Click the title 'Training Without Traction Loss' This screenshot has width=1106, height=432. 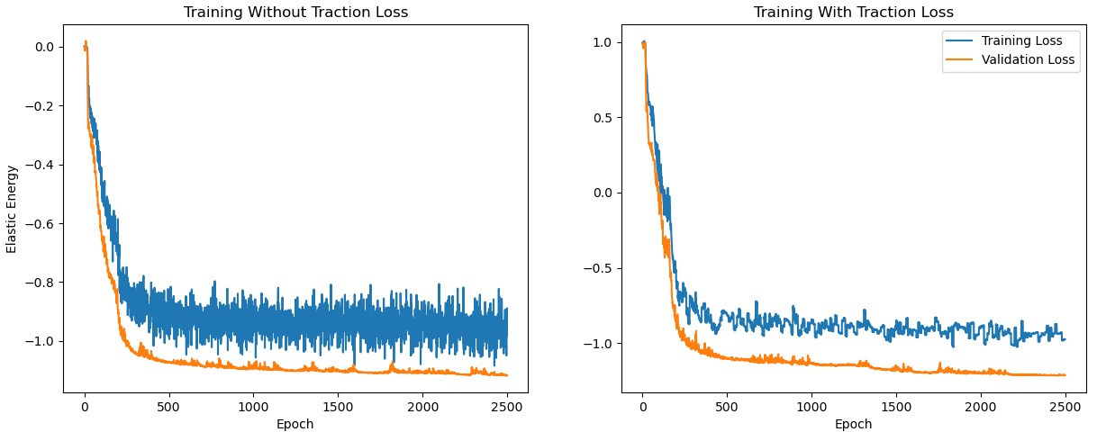click(295, 13)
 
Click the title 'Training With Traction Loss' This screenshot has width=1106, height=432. click(853, 13)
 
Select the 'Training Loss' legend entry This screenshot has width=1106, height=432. click(1021, 40)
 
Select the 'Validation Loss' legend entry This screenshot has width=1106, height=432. click(1028, 60)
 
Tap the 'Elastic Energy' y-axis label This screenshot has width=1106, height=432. click(12, 209)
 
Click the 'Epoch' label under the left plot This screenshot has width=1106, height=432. click(295, 424)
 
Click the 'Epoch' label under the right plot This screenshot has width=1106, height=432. click(853, 424)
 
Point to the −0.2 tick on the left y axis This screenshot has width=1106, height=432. click(41, 106)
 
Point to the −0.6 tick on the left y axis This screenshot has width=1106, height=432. click(41, 224)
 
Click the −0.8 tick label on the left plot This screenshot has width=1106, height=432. click(41, 283)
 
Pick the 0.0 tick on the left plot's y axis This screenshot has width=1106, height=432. click(44, 47)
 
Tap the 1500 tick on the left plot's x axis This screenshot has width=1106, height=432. click(338, 407)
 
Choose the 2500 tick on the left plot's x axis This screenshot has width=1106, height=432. click(507, 407)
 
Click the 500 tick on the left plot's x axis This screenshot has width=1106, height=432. click(168, 407)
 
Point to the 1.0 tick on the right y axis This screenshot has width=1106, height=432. click(603, 42)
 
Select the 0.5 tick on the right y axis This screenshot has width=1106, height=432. click(603, 118)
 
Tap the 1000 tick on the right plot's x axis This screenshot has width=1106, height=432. click(811, 407)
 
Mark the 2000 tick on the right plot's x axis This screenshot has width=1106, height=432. click(980, 407)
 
